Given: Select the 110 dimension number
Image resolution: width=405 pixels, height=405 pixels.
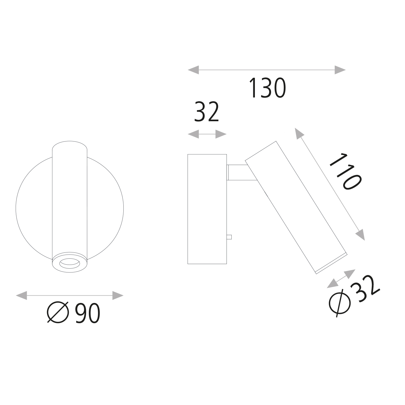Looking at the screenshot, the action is point(345,172).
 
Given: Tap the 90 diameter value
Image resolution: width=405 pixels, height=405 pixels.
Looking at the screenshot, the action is point(87,313).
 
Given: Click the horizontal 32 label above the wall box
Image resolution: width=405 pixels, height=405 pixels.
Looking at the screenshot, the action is point(207,112).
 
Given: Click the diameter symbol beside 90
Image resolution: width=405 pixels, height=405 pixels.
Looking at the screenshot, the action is point(58,313).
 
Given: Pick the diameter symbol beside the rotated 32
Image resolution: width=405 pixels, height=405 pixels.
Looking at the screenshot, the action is point(340,302).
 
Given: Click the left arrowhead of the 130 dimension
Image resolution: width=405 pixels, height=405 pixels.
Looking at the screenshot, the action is point(193,70).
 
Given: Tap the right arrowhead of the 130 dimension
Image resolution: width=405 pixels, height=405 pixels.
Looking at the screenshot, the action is point(340,70).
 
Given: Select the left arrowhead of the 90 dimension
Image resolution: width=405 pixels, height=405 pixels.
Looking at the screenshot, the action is point(21,295).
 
